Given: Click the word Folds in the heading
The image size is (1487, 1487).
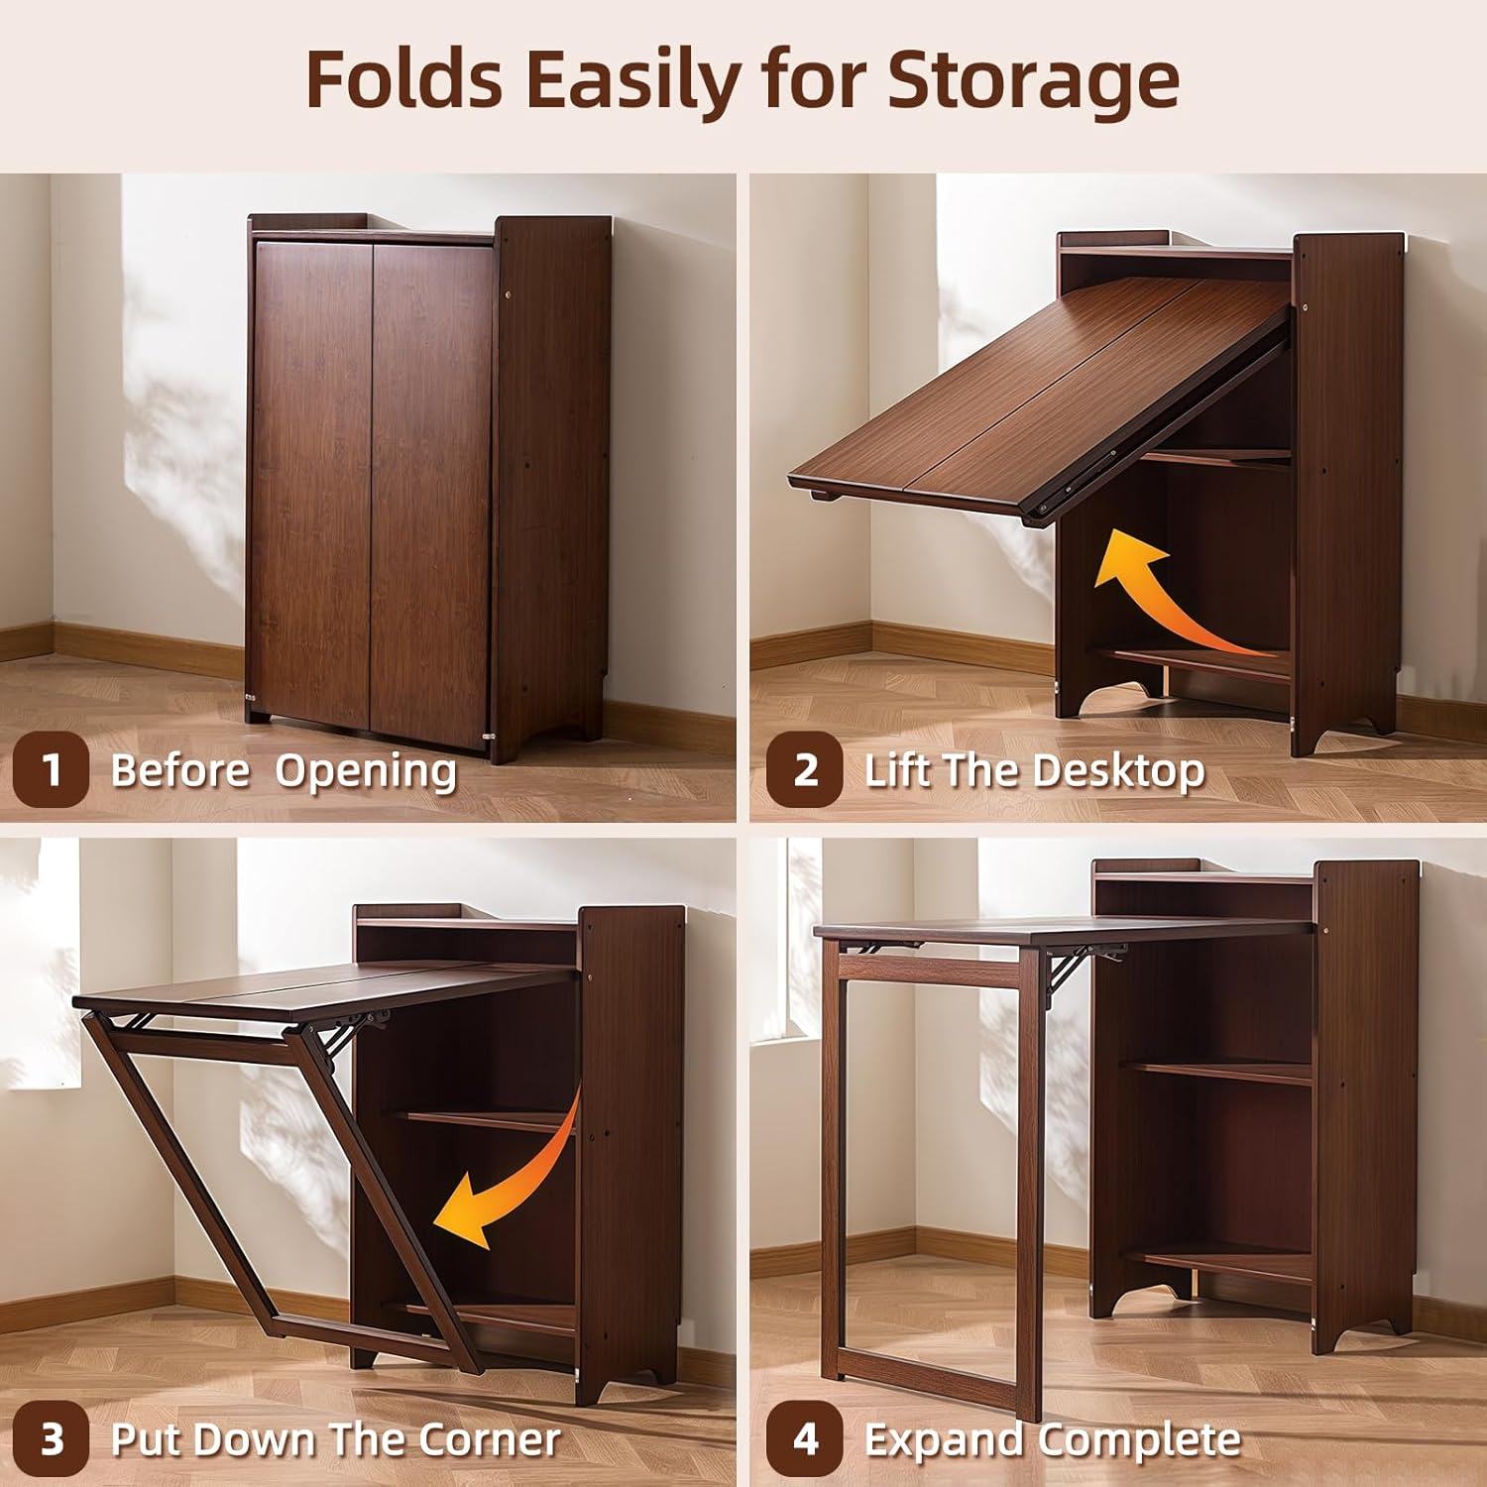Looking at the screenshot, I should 403,79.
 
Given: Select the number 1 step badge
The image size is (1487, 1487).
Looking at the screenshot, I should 51,770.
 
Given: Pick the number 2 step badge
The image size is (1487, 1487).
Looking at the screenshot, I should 804,770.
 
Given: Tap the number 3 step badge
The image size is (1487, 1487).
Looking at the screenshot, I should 51,1438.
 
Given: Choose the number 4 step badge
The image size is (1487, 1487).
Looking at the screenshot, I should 804,1438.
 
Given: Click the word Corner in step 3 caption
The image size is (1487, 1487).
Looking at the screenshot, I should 489,1439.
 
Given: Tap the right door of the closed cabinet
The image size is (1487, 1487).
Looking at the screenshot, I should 431,481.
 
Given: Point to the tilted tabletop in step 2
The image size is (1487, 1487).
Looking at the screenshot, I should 1041,397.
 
